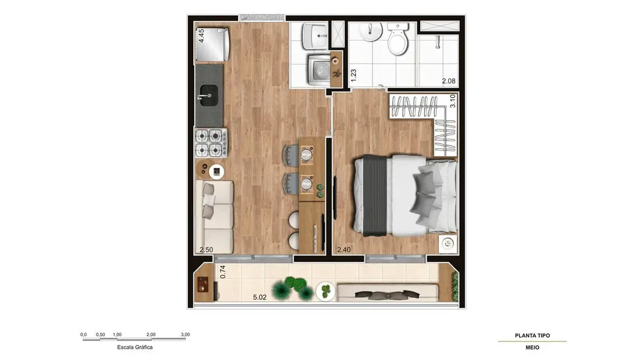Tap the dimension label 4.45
point(202,35)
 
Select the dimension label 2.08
point(449,81)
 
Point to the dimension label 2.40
point(344,250)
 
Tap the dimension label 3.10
point(452,100)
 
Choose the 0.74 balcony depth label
point(223,272)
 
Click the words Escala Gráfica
point(135,347)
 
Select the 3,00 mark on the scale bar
point(185,335)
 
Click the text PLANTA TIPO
point(532,336)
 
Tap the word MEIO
point(532,348)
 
